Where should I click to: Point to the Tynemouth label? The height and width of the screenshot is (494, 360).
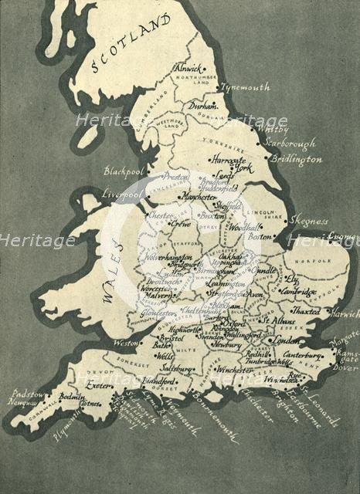pyautogui.click(x=246, y=87)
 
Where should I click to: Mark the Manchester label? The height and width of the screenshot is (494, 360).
pyautogui.click(x=199, y=198)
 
